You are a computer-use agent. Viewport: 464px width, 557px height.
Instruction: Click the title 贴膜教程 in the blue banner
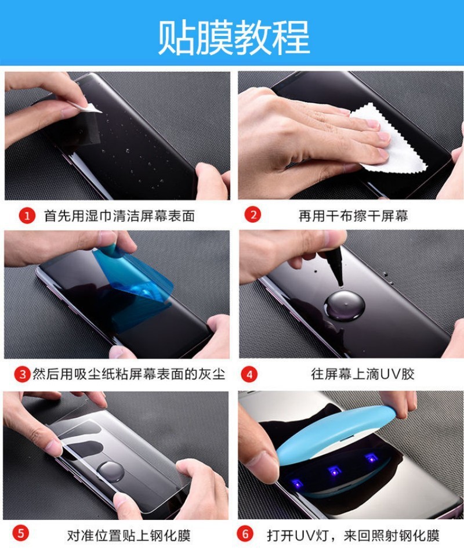pos(234,37)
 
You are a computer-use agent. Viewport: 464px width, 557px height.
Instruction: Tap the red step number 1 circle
pos(27,216)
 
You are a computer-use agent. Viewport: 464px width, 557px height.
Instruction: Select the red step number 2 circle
pos(253,215)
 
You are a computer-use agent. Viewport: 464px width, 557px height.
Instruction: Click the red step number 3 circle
pos(23,374)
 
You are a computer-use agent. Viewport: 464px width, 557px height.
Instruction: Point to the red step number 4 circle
pos(249,374)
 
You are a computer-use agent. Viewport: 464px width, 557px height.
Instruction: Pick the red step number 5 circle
pos(21,534)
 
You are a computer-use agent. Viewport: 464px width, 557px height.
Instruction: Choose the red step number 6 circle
pos(245,534)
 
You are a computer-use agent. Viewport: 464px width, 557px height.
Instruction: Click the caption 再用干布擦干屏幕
pos(353,216)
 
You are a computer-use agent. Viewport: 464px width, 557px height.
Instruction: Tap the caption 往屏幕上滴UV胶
pos(362,374)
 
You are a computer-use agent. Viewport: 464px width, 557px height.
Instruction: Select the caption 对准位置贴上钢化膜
pos(129,535)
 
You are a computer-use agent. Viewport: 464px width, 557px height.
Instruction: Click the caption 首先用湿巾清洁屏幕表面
pos(119,216)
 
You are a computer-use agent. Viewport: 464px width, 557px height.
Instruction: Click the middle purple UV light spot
pos(335,471)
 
